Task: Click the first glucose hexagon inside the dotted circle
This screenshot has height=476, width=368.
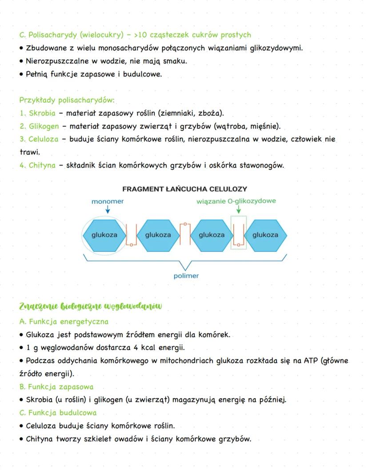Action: coord(104,235)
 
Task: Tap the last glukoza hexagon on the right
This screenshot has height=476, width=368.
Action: coord(265,235)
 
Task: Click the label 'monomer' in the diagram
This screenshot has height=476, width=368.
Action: coord(108,202)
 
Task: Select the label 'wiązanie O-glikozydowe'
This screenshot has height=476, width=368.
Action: coord(236,201)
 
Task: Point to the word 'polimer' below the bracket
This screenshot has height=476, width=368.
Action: coord(186,276)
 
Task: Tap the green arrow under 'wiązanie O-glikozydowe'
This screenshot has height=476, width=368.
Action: coord(239,210)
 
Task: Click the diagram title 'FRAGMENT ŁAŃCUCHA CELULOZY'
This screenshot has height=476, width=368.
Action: coord(185,189)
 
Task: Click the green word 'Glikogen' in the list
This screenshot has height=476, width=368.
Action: coord(44,126)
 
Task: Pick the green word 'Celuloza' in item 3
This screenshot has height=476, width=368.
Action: coord(44,139)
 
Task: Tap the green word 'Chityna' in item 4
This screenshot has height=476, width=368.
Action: coord(42,165)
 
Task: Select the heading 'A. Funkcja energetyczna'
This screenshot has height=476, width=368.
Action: coord(64,321)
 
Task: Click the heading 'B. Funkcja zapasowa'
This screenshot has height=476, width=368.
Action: coord(56,387)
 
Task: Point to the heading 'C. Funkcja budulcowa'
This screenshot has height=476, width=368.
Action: coord(58,412)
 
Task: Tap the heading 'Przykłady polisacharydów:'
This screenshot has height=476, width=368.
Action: coord(67,100)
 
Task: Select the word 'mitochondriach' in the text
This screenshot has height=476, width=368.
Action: coord(188,360)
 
